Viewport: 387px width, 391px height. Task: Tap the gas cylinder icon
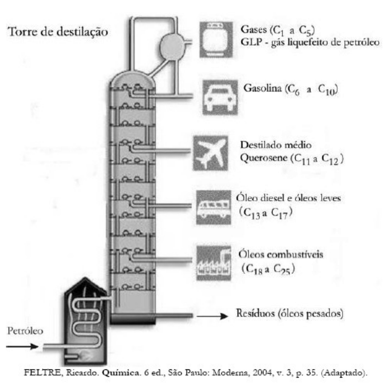[218, 38]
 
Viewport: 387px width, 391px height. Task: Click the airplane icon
[210, 153]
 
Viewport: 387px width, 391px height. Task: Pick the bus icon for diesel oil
[213, 207]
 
